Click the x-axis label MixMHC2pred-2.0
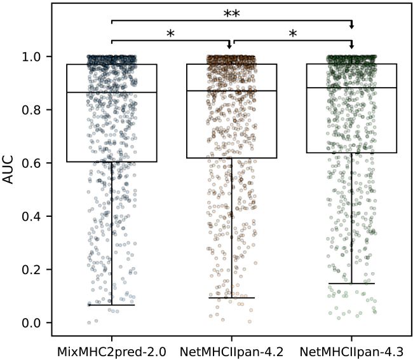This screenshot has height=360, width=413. click(112, 350)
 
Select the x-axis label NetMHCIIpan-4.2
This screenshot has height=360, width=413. click(232, 350)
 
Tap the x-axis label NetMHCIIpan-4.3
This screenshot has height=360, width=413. click(351, 350)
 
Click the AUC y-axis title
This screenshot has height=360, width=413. click(8, 172)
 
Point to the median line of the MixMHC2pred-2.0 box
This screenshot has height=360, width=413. click(112, 92)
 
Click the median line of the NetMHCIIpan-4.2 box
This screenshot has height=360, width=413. click(232, 90)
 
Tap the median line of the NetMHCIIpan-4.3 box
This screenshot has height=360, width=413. click(351, 88)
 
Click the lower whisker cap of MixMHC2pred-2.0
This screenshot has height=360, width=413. click(112, 305)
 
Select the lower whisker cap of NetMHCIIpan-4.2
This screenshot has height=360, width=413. click(232, 298)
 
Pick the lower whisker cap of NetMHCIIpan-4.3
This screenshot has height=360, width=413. click(351, 284)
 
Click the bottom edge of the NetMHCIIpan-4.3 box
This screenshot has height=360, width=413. click(351, 153)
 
